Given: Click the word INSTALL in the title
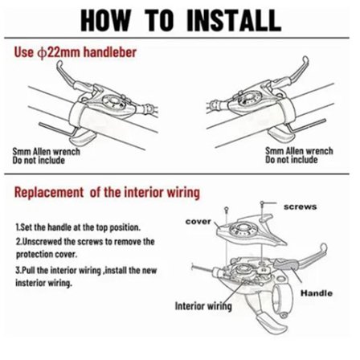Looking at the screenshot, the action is [234, 20].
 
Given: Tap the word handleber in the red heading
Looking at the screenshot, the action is [110, 51].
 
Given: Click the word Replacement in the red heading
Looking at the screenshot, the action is [49, 192].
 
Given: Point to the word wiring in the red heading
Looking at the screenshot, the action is [183, 193].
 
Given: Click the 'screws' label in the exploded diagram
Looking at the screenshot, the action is [301, 207].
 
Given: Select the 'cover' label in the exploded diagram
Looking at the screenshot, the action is [198, 222].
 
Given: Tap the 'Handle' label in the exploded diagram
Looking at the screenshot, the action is [317, 293].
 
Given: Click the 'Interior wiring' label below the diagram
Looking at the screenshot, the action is [203, 306].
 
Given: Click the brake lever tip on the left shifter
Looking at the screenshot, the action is [59, 64].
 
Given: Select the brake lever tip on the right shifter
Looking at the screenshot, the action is [305, 60].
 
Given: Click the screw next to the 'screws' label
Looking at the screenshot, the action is [263, 205].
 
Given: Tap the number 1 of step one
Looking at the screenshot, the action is [18, 227].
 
